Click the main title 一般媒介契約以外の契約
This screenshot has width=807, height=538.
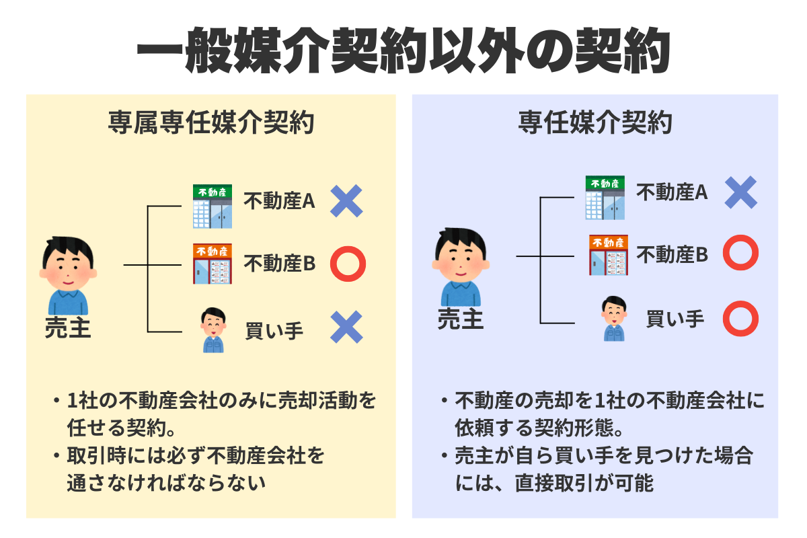[x=403, y=52]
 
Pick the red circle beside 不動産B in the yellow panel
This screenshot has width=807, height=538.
[x=348, y=264]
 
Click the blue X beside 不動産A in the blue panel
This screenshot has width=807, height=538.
[x=740, y=192]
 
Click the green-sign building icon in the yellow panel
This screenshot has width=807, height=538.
[x=213, y=206]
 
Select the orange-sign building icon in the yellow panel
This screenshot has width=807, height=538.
[x=213, y=264]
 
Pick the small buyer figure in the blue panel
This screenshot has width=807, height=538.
[x=613, y=319]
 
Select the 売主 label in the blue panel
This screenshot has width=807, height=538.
[x=461, y=319]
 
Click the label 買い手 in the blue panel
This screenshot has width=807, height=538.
[x=675, y=318]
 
